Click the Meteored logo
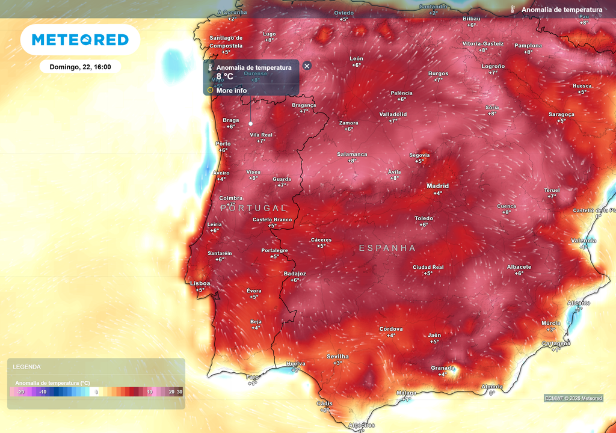[80, 40]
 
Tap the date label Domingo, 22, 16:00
[80, 67]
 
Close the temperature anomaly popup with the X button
[307, 66]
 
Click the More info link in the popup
[232, 91]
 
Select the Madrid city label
[438, 186]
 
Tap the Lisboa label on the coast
[200, 283]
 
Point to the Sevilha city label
[337, 357]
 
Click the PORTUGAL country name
[254, 208]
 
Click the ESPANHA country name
[387, 248]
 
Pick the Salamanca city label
[352, 155]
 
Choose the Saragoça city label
[561, 114]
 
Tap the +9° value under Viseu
[253, 178]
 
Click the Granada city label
[443, 367]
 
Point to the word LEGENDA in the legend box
[26, 366]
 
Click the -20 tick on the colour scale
[20, 392]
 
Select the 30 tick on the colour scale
[179, 392]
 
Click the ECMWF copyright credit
[573, 398]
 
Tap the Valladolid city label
[393, 114]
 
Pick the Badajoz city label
[295, 274]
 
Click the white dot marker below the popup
[250, 124]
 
